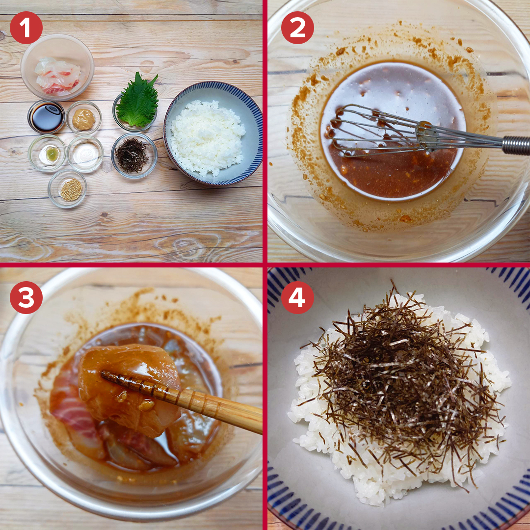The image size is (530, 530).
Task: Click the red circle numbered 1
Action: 26,27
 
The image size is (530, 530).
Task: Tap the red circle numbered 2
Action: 297,27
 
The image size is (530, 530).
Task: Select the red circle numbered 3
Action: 26,297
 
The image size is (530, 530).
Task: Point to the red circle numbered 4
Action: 297,297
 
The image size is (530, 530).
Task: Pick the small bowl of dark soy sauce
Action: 46,117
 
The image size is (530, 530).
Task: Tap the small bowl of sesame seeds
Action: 67,188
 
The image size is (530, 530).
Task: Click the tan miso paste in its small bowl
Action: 83,119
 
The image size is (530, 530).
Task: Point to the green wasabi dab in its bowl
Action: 53,154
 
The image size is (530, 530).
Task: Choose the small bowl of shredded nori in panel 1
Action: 134,156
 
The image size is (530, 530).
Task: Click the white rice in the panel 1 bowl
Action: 207,138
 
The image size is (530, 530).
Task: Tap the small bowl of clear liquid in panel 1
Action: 85,154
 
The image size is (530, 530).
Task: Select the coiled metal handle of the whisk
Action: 516,145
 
